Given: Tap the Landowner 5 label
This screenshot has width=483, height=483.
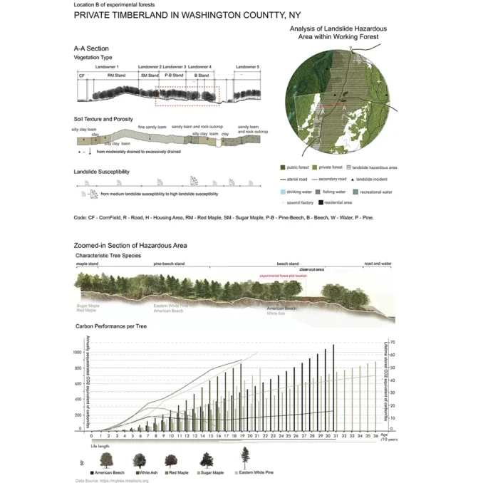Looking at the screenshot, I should [x=248, y=66].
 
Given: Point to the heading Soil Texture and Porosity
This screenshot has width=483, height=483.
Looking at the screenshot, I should [x=103, y=119].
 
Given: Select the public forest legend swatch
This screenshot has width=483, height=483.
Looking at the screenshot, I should [x=283, y=167].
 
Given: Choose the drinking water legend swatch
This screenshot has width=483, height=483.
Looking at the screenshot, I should [x=283, y=192].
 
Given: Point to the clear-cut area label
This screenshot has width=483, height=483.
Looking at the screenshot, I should [x=311, y=269].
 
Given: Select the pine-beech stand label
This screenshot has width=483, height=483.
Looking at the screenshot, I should [x=169, y=264].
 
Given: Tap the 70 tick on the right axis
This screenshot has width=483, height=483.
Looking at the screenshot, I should [x=393, y=343].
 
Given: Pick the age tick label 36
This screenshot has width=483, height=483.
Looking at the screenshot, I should [x=375, y=435].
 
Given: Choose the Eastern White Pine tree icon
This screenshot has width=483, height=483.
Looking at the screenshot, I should [x=246, y=458].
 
